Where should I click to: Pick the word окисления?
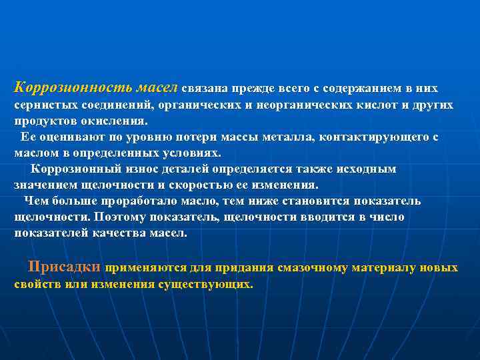pos(114,122)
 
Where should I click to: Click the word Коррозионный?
pos(75,169)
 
